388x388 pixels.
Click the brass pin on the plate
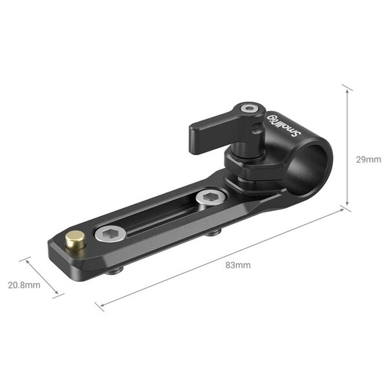(76, 241)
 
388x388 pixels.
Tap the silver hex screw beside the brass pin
(109, 233)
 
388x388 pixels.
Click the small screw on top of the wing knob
(249, 109)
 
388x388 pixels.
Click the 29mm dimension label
(369, 159)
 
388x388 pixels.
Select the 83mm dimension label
(238, 265)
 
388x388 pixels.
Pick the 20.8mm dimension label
(24, 285)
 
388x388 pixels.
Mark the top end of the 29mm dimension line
(347, 87)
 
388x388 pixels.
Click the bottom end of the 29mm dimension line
(347, 208)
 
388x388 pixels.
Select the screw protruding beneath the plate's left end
(114, 270)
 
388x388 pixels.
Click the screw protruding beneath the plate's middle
(211, 232)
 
